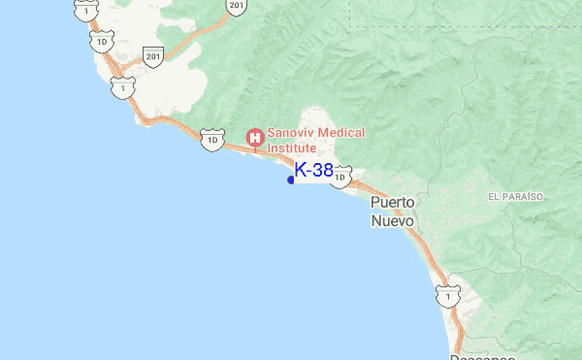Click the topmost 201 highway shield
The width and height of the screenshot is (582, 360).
(238, 7)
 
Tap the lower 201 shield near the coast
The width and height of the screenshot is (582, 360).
(152, 56)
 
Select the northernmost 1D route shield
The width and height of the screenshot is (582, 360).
(101, 44)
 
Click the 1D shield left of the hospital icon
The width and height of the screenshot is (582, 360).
(211, 140)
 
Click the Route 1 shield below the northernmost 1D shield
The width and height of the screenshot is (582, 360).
(120, 87)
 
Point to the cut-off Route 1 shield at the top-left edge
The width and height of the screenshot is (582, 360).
(86, 8)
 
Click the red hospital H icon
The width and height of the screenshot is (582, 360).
(255, 139)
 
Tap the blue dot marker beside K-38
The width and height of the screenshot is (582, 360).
(291, 180)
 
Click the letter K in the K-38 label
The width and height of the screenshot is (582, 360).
(301, 171)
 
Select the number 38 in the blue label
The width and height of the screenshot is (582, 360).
(322, 171)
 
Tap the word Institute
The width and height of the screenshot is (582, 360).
(292, 148)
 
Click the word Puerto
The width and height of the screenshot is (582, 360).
(393, 203)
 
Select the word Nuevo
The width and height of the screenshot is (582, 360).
(393, 220)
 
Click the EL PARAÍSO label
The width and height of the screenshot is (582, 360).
(515, 196)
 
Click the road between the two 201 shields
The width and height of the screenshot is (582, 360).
(198, 36)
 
